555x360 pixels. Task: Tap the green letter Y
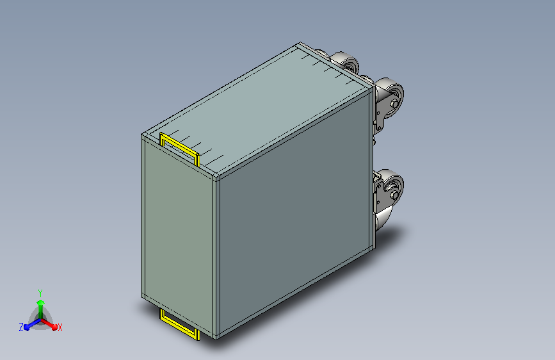[x=40, y=293]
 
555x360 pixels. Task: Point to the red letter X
[x=60, y=327]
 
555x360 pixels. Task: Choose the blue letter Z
[x=21, y=327]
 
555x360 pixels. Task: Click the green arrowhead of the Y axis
[x=41, y=303]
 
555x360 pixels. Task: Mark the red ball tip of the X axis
[x=54, y=327]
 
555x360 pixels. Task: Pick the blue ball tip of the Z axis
[x=26, y=328]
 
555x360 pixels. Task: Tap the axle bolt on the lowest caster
[x=393, y=195]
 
